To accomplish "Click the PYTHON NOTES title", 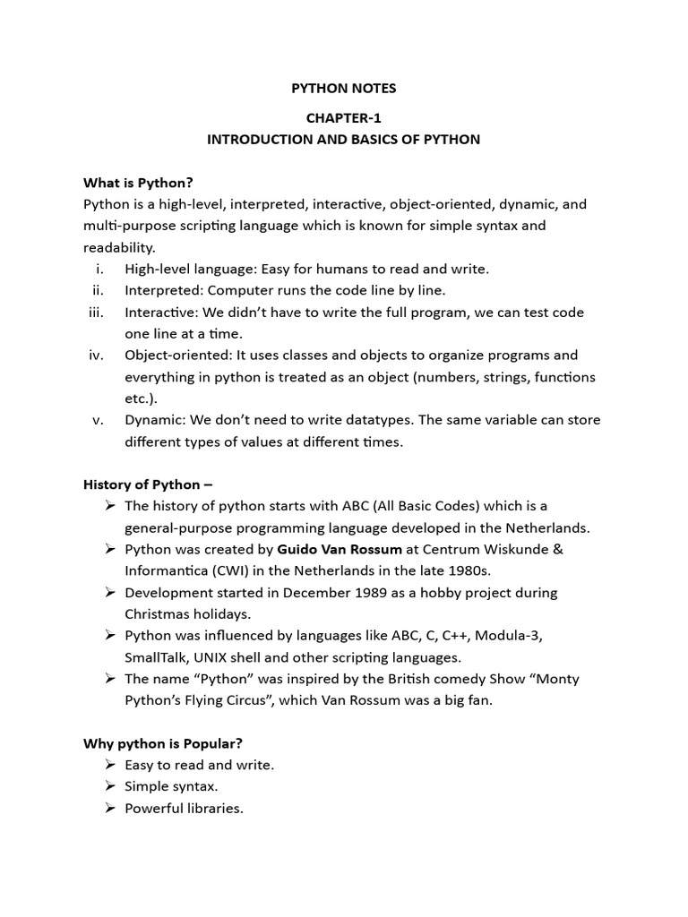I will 343,89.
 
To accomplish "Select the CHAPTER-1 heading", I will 343,117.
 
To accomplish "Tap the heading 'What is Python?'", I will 138,183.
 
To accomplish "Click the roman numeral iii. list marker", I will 97,313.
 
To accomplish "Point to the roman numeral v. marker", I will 99,420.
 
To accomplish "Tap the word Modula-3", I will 508,636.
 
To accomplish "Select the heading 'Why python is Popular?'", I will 163,743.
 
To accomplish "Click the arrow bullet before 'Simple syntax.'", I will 109,786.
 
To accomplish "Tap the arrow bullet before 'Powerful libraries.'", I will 109,808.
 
